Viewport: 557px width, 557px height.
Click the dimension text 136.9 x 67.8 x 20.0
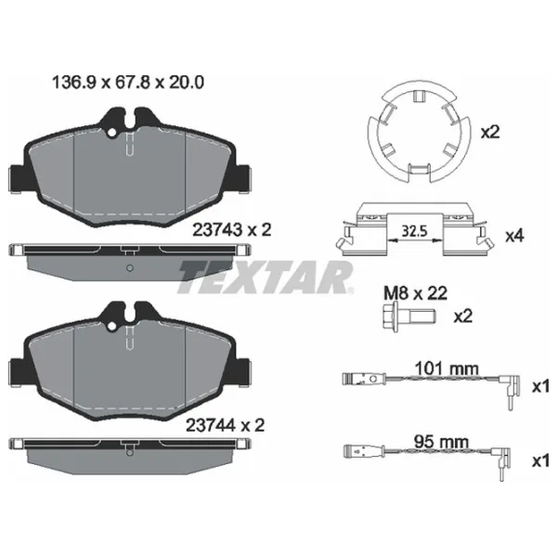128,83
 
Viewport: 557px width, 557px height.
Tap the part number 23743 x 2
231,230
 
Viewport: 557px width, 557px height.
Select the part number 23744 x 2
226,425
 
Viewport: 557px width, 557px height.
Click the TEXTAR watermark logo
266,278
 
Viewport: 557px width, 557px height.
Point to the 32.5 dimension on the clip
414,231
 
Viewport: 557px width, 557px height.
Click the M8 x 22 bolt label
415,293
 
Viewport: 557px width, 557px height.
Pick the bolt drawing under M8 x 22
408,317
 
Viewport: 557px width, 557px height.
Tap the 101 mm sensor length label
447,369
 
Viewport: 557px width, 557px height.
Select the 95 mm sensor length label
441,442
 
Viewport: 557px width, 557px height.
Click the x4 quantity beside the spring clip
514,236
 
